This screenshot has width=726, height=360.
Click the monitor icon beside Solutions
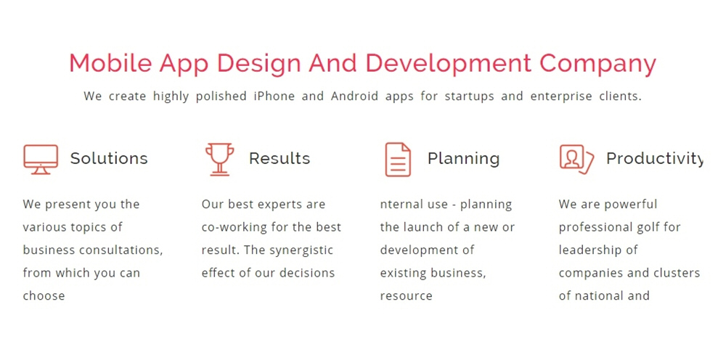(x=41, y=159)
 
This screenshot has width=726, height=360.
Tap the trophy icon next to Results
(x=219, y=159)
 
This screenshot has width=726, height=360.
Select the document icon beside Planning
(x=398, y=159)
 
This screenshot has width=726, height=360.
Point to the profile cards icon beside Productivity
(x=576, y=159)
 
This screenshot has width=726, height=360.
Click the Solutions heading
(x=109, y=158)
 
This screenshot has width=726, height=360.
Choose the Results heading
(x=280, y=158)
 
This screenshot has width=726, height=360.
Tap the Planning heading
(x=463, y=159)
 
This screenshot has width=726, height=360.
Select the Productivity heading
(x=655, y=159)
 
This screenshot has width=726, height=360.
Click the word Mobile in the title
(x=110, y=63)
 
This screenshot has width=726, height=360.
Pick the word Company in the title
(x=597, y=64)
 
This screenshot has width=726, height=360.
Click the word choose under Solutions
(x=44, y=295)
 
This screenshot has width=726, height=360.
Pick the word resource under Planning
(x=406, y=296)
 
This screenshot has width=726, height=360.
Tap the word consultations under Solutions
(x=121, y=250)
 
